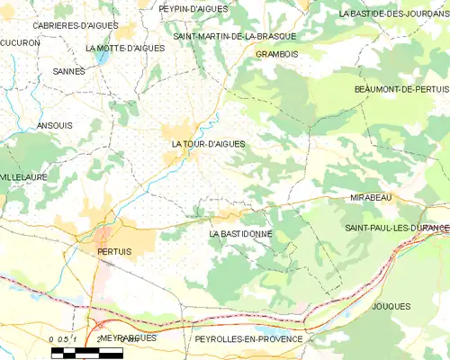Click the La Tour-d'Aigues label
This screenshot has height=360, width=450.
click(x=208, y=144)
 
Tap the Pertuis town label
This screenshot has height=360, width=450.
click(x=113, y=253)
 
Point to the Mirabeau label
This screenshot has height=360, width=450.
click(x=372, y=195)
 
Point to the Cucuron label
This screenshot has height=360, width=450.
click(x=21, y=42)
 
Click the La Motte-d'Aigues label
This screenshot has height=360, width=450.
click(x=125, y=48)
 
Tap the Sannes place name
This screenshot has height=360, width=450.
click(x=68, y=71)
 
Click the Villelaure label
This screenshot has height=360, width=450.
click(x=23, y=178)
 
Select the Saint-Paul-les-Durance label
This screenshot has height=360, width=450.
click(x=397, y=229)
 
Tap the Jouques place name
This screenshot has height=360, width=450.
click(x=390, y=307)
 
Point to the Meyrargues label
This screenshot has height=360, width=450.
click(x=127, y=338)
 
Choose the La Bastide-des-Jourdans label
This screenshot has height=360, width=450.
click(x=393, y=14)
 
